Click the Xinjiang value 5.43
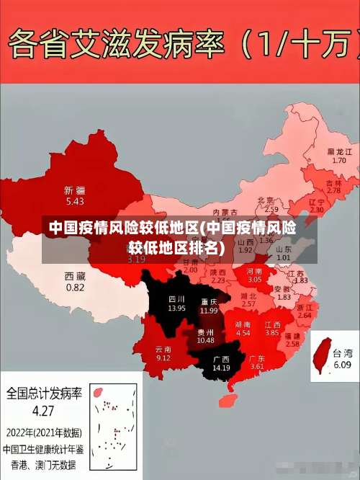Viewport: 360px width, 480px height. pyautogui.click(x=75, y=201)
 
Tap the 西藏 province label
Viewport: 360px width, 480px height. pyautogui.click(x=75, y=276)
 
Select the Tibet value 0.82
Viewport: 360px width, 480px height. pyautogui.click(x=75, y=287)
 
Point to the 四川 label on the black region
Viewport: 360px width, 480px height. pyautogui.click(x=176, y=298)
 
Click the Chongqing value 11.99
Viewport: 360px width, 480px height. pyautogui.click(x=209, y=311)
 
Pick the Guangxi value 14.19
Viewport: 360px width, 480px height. pyautogui.click(x=220, y=368)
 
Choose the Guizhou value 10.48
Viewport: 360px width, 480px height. pyautogui.click(x=205, y=340)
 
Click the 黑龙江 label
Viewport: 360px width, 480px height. pyautogui.click(x=339, y=152)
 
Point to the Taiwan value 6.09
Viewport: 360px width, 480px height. pyautogui.click(x=341, y=365)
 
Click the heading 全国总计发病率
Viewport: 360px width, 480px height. pyautogui.click(x=45, y=394)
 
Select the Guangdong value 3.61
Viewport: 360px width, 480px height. pyautogui.click(x=257, y=367)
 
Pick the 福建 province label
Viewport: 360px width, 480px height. pyautogui.click(x=292, y=335)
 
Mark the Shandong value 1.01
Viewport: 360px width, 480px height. pyautogui.click(x=284, y=257)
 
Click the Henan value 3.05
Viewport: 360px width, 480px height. pyautogui.click(x=255, y=278)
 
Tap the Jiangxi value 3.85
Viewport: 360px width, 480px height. pyautogui.click(x=271, y=333)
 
